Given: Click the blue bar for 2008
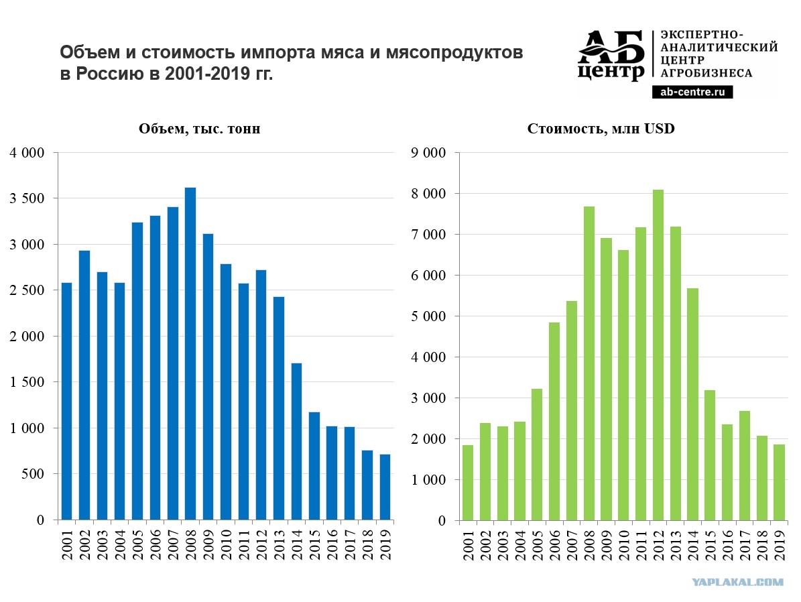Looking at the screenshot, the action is pos(190,354).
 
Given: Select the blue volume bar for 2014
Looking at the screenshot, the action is pos(296,442).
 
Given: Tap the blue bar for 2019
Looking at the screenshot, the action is pos(385,487).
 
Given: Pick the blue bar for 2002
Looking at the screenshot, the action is pos(84,385).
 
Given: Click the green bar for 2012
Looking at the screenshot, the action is pos(658,355).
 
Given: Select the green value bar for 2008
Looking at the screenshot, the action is pos(589,363).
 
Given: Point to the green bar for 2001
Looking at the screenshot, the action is pos(467,483).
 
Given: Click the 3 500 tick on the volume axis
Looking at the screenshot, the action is pos(27,198).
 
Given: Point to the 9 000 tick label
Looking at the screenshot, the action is pos(428,153).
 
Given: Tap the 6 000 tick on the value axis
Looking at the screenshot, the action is pos(428,276).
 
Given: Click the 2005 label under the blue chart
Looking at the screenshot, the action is pos(137,544).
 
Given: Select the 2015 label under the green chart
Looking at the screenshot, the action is pos(710,545).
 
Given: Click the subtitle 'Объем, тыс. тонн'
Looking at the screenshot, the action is pos(200,129).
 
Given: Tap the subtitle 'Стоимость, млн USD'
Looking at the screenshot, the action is pos(601,129).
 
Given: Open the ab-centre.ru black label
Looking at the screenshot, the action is pos(692,92).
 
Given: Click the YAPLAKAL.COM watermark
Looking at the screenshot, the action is pos(737,582).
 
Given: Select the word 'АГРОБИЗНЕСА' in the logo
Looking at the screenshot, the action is pos(706,73).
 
